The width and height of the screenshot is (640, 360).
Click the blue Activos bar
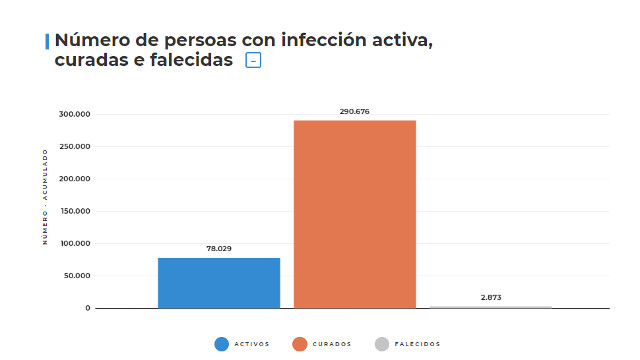point(218,283)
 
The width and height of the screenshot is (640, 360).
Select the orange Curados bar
point(354,214)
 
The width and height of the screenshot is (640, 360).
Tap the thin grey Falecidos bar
point(490,307)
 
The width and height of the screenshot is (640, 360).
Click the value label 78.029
point(219,248)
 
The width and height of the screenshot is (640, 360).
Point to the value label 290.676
point(354,111)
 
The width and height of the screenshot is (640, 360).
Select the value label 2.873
point(491,297)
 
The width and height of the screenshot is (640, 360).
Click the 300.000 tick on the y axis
point(75,114)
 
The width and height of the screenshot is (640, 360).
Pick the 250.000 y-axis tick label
point(75,147)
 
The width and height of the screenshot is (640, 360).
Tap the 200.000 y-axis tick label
point(75,179)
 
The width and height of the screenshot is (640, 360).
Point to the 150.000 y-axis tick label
point(75,211)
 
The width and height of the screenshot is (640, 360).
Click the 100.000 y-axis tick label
point(75,244)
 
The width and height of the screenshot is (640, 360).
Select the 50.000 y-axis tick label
point(77,276)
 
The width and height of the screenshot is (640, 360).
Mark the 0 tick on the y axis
point(88,308)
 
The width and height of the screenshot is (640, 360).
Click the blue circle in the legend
point(221,344)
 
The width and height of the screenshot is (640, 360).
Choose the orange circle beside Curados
point(299,344)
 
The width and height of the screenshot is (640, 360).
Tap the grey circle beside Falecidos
point(381,344)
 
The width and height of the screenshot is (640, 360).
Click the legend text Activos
point(252,344)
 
